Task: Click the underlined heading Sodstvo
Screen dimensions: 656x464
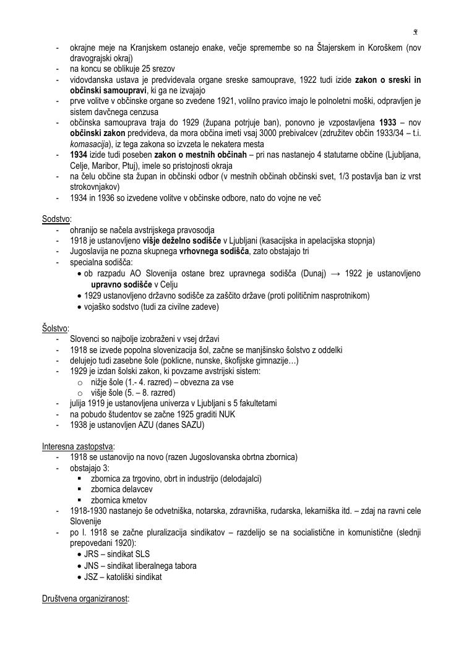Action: pos(56,219)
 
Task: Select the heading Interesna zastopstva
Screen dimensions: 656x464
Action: pos(78,446)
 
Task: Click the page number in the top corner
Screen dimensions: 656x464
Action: pos(415,32)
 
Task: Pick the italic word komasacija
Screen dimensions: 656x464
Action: pos(90,143)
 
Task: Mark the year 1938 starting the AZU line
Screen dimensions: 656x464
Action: pos(79,425)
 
